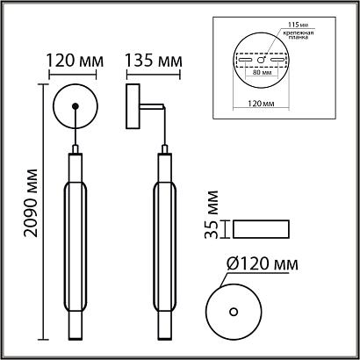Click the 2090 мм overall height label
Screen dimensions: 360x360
31,203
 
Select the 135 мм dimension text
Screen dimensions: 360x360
154,61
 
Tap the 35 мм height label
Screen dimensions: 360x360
212,214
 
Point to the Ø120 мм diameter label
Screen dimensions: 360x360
263,264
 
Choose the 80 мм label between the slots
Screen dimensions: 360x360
261,72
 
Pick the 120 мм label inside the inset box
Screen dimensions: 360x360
261,104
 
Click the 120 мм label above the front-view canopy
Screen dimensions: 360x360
76,61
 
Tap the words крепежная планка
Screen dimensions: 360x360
298,35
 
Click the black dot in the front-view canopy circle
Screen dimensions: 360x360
76,106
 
